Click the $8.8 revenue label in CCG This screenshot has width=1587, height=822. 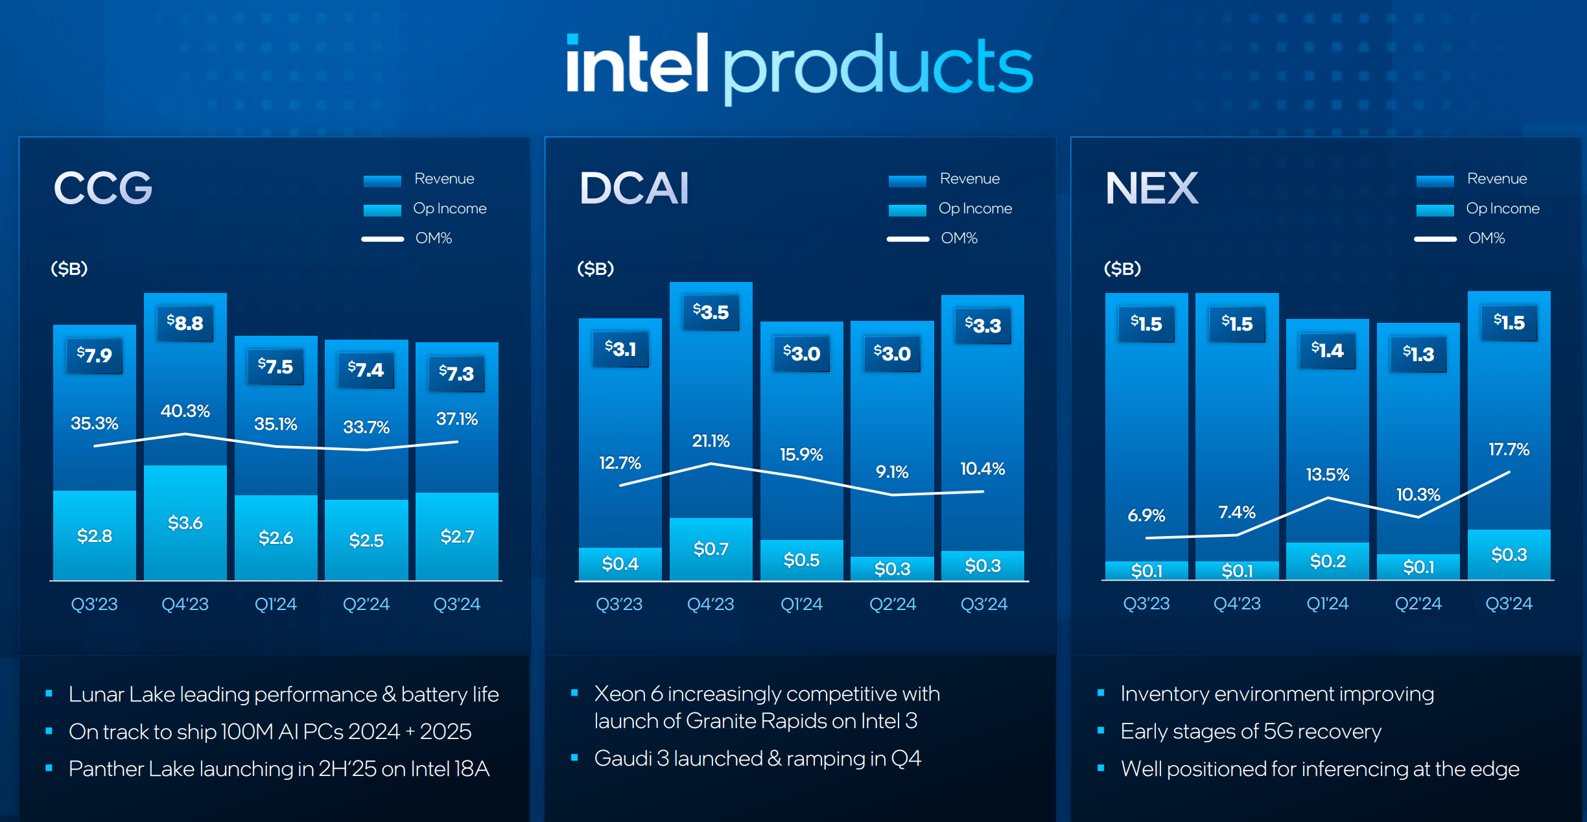click(x=185, y=323)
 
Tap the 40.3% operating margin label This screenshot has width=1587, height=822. click(x=185, y=411)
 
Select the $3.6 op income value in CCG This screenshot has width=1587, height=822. click(x=185, y=523)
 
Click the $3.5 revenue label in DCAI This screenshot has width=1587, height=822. click(x=711, y=312)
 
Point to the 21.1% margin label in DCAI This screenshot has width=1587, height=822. click(x=711, y=441)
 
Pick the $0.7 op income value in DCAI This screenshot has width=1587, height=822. click(x=711, y=549)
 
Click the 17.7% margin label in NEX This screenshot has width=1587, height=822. click(x=1509, y=449)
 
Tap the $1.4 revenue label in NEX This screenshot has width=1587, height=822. click(x=1328, y=350)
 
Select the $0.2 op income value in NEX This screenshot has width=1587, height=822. click(x=1328, y=561)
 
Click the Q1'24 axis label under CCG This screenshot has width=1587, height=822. click(x=276, y=604)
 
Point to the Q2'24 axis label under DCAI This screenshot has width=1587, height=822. click(x=893, y=604)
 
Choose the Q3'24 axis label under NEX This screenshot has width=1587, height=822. click(x=1509, y=604)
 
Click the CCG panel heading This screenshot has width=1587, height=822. click(x=103, y=188)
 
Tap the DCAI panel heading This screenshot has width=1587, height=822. click(x=634, y=188)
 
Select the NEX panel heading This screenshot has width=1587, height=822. click(x=1152, y=188)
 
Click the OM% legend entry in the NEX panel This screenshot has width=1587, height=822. click(x=1487, y=238)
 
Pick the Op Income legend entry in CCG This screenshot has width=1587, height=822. click(x=449, y=208)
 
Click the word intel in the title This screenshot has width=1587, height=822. click(x=637, y=65)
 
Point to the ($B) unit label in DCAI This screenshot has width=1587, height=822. click(x=595, y=268)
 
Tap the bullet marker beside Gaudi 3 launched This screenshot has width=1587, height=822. click(x=574, y=757)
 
